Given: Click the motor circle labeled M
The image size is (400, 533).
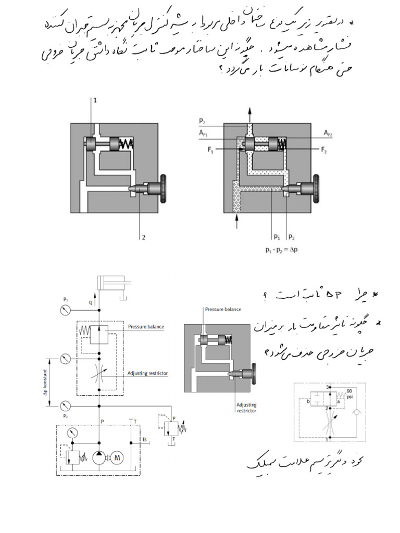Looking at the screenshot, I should (x=117, y=457).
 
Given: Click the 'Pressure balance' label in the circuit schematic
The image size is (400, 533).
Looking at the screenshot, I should (x=146, y=327).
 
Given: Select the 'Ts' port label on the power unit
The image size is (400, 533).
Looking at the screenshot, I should (x=145, y=440).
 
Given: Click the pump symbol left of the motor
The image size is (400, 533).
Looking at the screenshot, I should (x=98, y=457).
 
